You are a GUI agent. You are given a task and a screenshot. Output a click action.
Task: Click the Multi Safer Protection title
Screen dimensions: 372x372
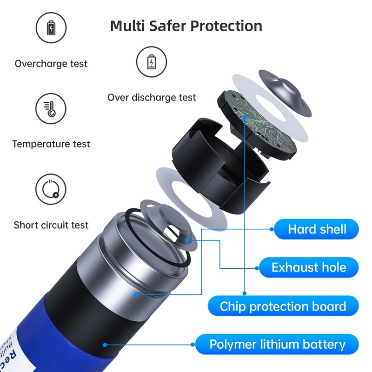(x=186, y=26)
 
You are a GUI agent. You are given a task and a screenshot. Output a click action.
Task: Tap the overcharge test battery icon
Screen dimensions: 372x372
(x=51, y=28)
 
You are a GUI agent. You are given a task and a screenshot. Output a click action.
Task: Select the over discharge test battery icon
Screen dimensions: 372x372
(x=151, y=62)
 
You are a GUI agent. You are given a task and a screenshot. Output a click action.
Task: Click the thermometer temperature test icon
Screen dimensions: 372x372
(x=51, y=108)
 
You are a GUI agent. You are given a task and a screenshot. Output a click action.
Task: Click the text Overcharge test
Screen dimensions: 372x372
(x=51, y=64)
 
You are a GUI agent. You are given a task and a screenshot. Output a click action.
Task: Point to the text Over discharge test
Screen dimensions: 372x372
(x=152, y=98)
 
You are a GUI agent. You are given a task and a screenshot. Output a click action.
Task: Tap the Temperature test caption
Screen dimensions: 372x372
(x=51, y=144)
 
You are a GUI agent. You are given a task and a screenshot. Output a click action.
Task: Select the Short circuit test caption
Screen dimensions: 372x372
(x=51, y=226)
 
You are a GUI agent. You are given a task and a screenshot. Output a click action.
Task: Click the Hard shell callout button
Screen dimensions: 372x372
(x=317, y=229)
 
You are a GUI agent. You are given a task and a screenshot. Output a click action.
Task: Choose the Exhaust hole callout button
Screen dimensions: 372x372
(x=308, y=267)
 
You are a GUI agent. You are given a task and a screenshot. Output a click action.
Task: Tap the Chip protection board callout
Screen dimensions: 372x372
(x=283, y=306)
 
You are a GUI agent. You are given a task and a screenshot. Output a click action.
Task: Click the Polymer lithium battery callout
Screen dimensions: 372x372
(x=277, y=345)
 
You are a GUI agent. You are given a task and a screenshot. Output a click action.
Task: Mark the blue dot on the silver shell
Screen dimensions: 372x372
(x=136, y=294)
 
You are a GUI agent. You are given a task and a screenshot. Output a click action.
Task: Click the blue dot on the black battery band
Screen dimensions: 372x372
(x=105, y=345)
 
